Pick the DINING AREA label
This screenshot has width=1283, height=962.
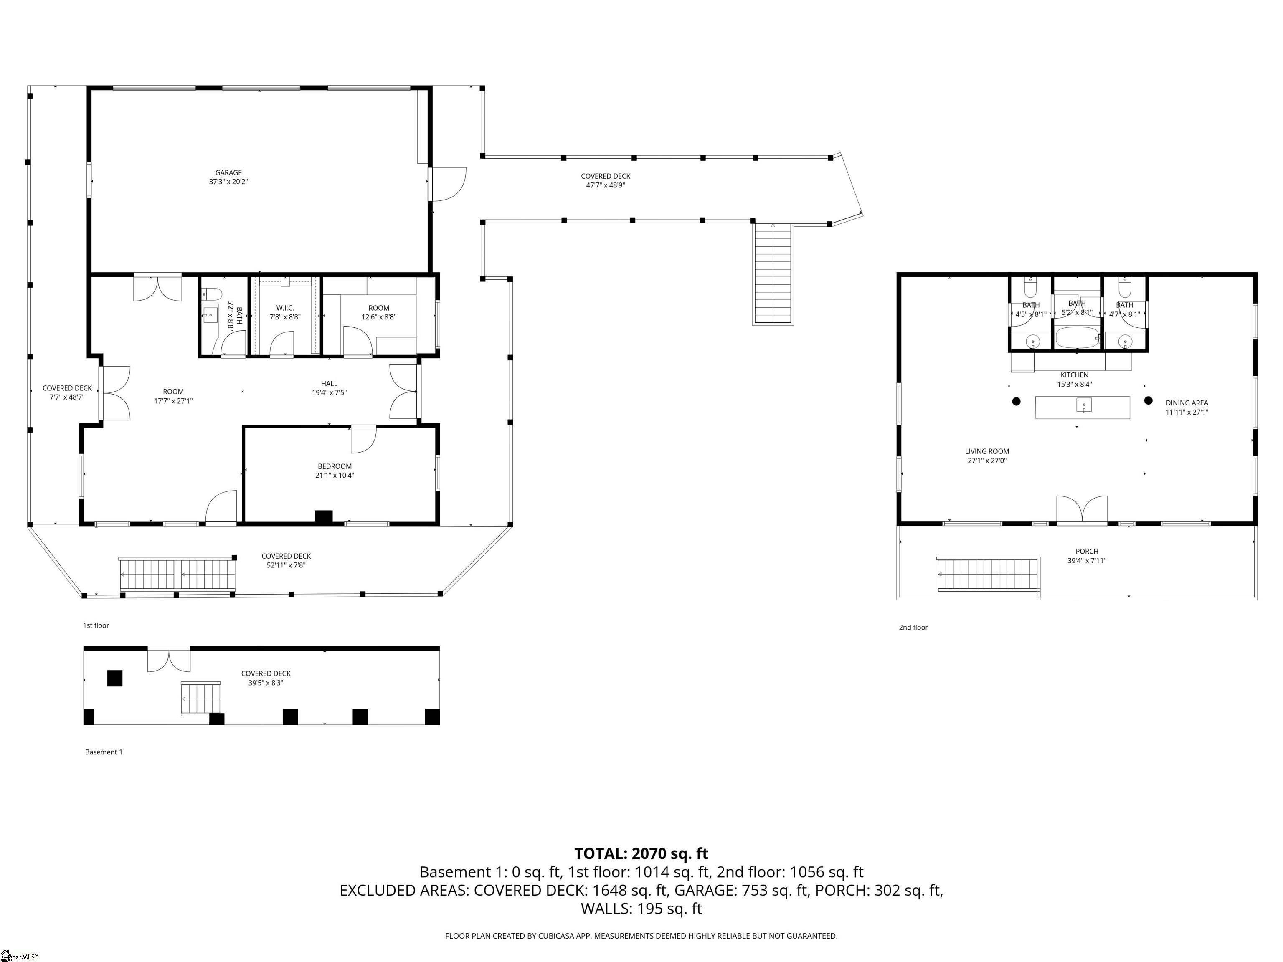[1187, 407]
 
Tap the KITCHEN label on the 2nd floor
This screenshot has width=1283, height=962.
[1074, 379]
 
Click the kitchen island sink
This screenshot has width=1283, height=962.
[1083, 405]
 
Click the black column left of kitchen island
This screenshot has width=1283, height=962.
[1016, 401]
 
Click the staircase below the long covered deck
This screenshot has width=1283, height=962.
[773, 274]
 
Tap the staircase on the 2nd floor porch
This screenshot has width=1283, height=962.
[987, 574]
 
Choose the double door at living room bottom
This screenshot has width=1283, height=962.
[1082, 510]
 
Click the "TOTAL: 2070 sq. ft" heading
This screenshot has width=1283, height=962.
[641, 853]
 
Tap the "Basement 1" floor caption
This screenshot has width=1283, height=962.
[104, 752]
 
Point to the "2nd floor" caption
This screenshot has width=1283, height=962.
[913, 628]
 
